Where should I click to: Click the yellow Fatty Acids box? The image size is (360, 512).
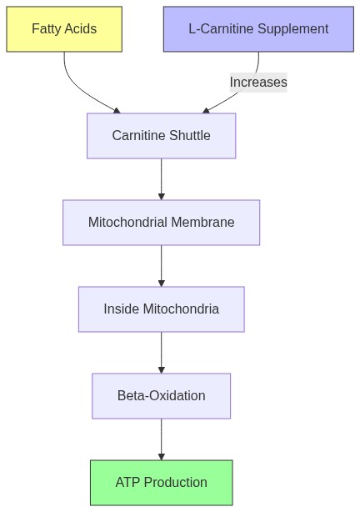(64, 29)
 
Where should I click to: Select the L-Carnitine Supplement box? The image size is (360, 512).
(258, 29)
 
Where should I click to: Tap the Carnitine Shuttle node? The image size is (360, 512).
(161, 136)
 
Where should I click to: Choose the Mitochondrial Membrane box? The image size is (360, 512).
(161, 223)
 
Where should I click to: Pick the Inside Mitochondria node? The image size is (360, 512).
(161, 309)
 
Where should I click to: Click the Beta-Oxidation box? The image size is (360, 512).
(161, 396)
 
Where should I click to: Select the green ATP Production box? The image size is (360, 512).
(161, 483)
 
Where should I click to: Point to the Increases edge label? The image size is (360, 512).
(258, 82)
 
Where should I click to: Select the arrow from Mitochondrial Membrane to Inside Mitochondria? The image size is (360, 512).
(161, 266)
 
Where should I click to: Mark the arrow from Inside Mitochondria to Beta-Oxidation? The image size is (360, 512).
(161, 353)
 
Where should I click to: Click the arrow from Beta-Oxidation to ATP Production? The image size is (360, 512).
(161, 439)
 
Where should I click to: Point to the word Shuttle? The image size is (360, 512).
(187, 136)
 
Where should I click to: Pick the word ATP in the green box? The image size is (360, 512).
(128, 483)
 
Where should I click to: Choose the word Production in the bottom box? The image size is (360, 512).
(176, 483)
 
